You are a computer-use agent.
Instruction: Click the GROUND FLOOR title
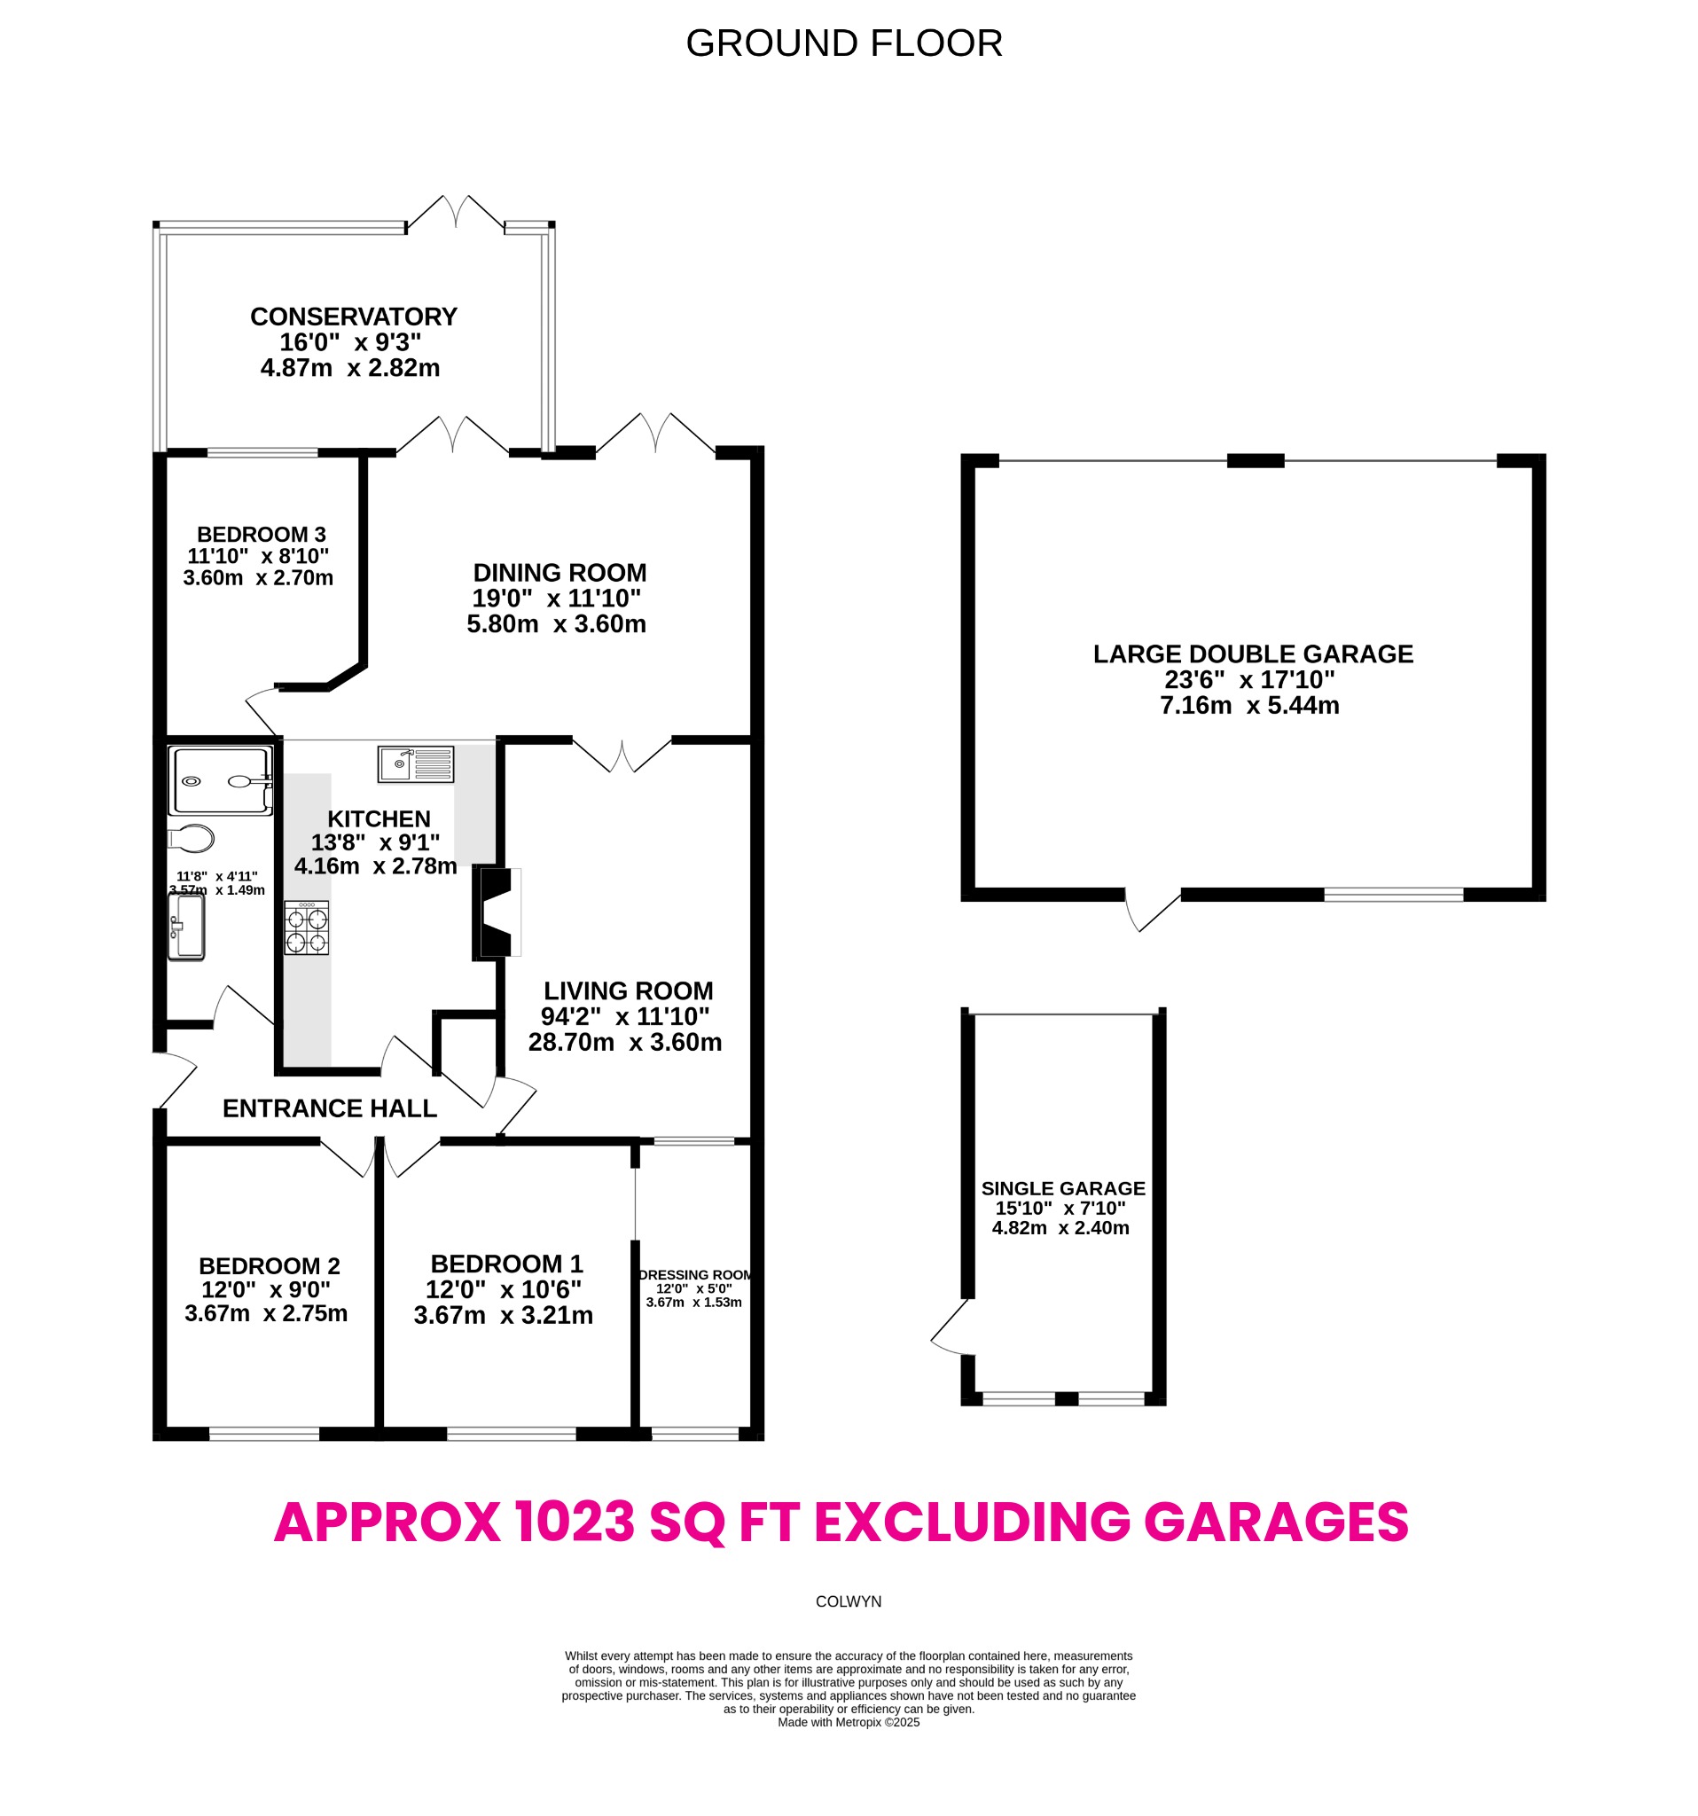click(x=843, y=43)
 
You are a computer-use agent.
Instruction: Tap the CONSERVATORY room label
click(x=354, y=317)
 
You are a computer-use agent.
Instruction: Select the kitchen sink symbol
click(x=416, y=763)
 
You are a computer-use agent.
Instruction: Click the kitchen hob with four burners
click(x=306, y=928)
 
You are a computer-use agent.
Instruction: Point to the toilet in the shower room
click(x=191, y=838)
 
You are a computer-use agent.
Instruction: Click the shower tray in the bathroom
click(x=221, y=781)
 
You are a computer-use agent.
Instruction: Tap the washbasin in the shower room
click(x=187, y=927)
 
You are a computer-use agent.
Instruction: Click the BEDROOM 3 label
click(x=262, y=535)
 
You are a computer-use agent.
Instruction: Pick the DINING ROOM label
click(x=559, y=573)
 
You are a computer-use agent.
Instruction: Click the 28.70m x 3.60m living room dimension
click(x=625, y=1042)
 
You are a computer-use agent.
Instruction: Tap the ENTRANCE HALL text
click(x=330, y=1108)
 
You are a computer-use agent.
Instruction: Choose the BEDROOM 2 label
click(x=270, y=1266)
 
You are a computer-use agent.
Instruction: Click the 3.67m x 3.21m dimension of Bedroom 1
click(x=504, y=1315)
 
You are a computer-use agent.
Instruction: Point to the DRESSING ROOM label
click(x=695, y=1275)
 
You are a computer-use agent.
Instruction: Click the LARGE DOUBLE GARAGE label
click(x=1252, y=654)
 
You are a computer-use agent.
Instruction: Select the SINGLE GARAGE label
click(x=1062, y=1188)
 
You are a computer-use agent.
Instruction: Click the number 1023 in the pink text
click(x=574, y=1522)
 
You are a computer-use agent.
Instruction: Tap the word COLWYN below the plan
click(x=848, y=1602)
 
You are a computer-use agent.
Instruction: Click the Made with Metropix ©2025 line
click(x=848, y=1723)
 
